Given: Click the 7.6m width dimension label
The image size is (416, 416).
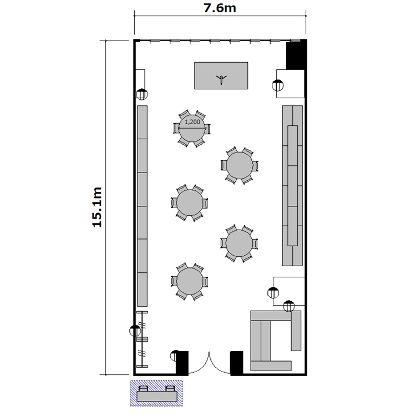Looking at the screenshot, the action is pos(220,8).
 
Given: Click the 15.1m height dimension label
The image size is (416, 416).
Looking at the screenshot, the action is pos(97,207).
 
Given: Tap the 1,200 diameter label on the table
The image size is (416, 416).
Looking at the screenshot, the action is pos(192,122).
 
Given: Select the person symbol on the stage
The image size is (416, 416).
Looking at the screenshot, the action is pos(221,79).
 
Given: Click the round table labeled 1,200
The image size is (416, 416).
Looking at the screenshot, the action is pos(192,129).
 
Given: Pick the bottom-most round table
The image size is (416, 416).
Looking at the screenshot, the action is pos(190,281).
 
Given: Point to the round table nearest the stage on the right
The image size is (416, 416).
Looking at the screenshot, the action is pos(240,165).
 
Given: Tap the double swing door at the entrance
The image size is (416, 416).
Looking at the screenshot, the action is pos(209,363).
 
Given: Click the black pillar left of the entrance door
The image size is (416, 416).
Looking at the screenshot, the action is pos(182,363).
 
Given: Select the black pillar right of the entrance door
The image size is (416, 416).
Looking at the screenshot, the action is pos(236,363).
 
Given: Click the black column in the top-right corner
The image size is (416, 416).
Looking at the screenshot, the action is pos(296,55).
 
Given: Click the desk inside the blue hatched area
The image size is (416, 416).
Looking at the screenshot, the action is pos(157,396).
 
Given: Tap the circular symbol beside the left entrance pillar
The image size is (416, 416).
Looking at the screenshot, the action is pos(175,356).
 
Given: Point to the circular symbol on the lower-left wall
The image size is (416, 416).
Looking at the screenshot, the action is pos(135,331).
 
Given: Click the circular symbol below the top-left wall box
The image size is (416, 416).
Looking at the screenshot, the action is pos(141,94).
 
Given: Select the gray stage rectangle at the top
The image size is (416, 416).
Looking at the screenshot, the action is pos(221,76).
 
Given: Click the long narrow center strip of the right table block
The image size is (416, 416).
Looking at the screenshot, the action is pos(293,186).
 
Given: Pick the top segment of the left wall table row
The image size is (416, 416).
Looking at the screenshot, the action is pos(142,123).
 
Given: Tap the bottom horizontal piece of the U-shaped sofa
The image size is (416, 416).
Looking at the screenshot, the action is pos(271,366).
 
